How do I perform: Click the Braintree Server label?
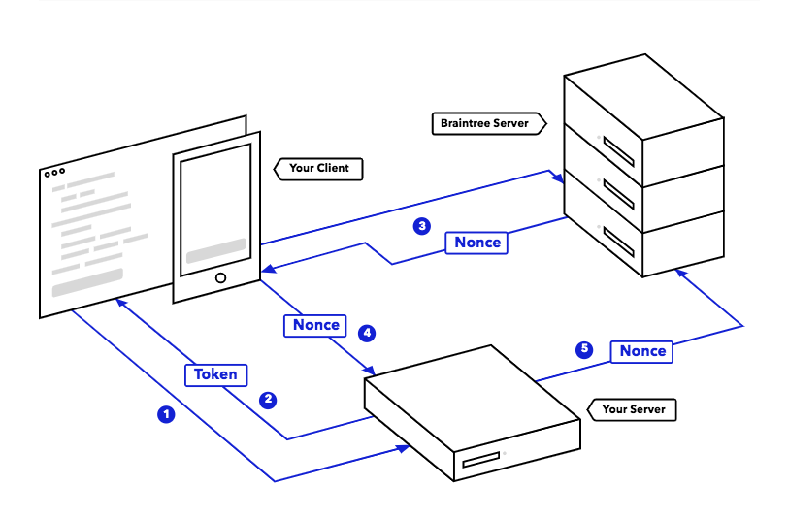489,123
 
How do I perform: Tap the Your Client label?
318,169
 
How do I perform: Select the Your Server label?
632,409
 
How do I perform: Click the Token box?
216,374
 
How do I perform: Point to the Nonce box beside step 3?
476,243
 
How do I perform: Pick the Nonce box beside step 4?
315,325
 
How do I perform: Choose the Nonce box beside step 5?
641,351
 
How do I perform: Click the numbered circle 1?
166,414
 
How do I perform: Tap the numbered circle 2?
268,400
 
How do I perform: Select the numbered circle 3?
422,226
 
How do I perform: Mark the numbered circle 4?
367,333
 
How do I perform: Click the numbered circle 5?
584,349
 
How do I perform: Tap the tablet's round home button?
220,277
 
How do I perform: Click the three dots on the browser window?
54,173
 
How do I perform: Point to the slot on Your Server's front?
481,459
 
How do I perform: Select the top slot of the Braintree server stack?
618,151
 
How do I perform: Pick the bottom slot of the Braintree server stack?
618,242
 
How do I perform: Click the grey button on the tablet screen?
216,250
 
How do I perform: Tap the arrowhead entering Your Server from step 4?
370,371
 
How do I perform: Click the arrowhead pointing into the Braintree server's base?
681,273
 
